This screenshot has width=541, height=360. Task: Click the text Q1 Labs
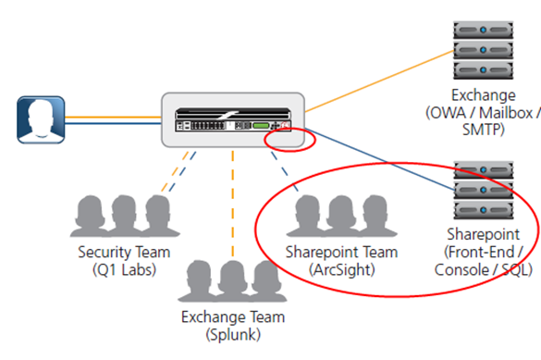point(117,269)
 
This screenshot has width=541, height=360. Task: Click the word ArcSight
point(341,269)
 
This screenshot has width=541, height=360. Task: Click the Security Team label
point(117,252)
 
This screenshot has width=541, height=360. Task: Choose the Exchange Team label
point(233,317)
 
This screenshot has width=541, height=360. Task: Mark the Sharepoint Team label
point(341,252)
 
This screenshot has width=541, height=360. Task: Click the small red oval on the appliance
point(288,140)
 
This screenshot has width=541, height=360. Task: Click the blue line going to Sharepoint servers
point(379,153)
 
